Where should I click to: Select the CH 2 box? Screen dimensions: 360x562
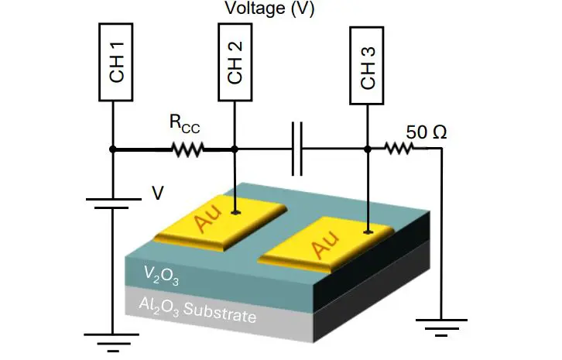[x=235, y=63]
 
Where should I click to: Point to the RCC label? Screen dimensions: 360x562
[x=184, y=123]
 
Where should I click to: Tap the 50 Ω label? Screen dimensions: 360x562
[x=427, y=132]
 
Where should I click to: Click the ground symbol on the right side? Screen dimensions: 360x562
[x=440, y=321]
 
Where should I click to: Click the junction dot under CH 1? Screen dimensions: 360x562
[x=113, y=149]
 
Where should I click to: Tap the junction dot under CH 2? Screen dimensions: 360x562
[x=235, y=149]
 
